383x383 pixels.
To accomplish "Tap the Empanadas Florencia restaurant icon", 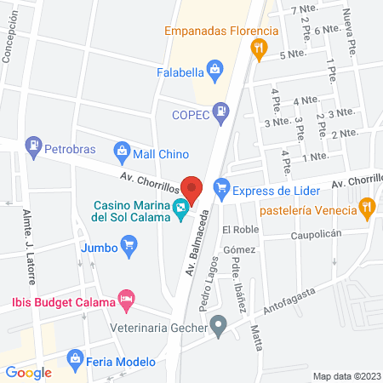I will click(258, 50).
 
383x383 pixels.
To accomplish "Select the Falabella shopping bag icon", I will click(214, 69).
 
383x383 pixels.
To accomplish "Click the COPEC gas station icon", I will click(220, 111).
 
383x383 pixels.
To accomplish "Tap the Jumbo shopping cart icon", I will click(129, 248).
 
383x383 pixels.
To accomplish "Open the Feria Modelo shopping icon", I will click(76, 358).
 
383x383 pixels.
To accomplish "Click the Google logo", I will click(28, 372).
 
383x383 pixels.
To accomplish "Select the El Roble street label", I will click(239, 231).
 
